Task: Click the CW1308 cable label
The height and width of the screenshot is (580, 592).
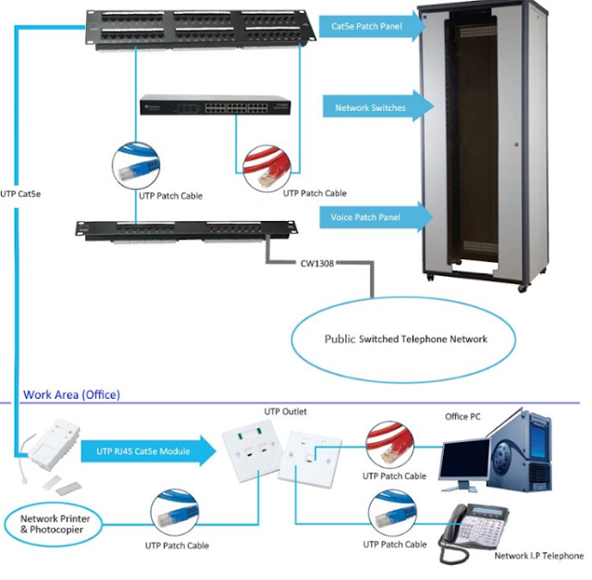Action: click(317, 263)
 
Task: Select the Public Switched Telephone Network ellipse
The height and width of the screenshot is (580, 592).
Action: click(405, 339)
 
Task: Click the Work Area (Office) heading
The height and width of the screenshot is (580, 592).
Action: click(71, 395)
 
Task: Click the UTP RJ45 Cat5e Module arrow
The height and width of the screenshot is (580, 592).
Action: click(148, 450)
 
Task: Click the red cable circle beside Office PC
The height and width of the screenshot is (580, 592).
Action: click(394, 444)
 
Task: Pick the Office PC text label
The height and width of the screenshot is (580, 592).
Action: click(462, 417)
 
